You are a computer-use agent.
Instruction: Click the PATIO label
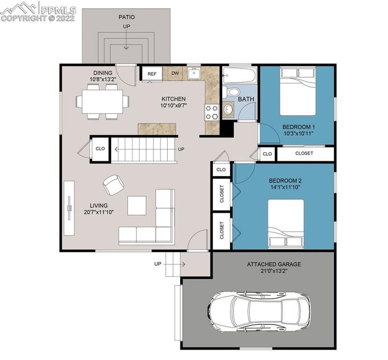127,17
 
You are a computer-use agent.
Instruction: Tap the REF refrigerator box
152,74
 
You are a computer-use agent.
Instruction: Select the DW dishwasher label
175,73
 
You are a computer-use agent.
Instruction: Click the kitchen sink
194,73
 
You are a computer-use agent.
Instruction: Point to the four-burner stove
212,112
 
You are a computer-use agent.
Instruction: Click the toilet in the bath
231,92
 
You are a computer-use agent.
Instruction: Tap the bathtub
239,75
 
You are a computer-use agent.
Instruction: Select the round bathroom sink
228,109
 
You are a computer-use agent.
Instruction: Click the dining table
102,101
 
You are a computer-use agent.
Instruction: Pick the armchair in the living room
113,184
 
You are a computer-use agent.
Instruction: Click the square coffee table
137,206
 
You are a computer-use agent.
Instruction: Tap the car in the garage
259,311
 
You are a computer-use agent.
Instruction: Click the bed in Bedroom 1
298,91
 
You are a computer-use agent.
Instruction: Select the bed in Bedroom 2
286,224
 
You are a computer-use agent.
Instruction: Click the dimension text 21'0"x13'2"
274,271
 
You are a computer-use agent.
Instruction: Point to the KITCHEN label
174,99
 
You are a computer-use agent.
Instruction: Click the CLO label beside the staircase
100,148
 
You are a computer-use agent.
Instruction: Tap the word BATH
246,99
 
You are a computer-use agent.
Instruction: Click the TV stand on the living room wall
69,208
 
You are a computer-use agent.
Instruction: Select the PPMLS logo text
58,10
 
